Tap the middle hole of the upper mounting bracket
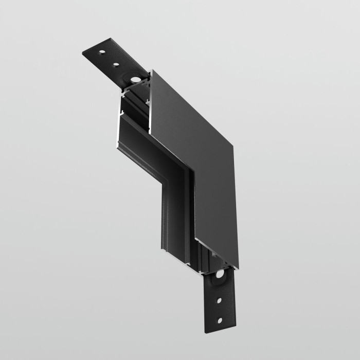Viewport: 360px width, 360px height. (117, 65)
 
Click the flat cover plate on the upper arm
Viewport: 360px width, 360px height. (190, 113)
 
